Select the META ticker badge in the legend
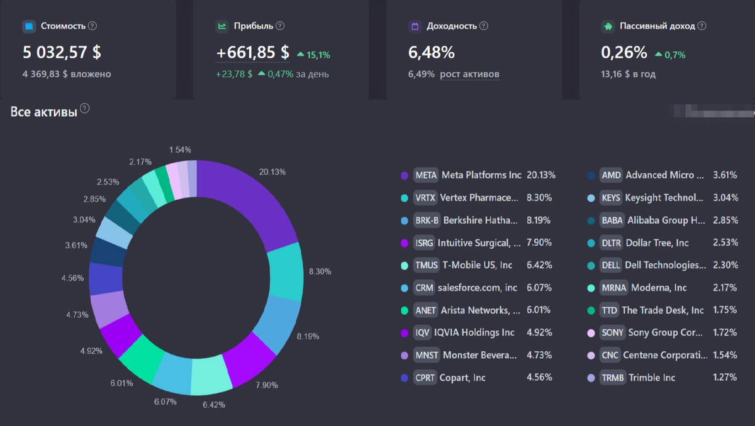point(426,175)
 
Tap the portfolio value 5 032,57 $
point(62,52)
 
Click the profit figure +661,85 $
point(252,53)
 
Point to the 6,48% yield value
point(432,53)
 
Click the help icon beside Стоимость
point(92,26)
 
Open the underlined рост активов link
point(469,74)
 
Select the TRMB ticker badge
point(612,378)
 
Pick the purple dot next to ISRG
point(405,243)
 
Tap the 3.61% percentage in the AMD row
point(725,175)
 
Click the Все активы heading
point(44,112)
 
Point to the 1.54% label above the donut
point(180,150)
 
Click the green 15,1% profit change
point(318,55)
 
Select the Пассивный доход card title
point(657,26)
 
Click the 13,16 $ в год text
point(629,74)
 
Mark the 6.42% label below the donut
point(213,405)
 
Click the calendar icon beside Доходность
point(415,26)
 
